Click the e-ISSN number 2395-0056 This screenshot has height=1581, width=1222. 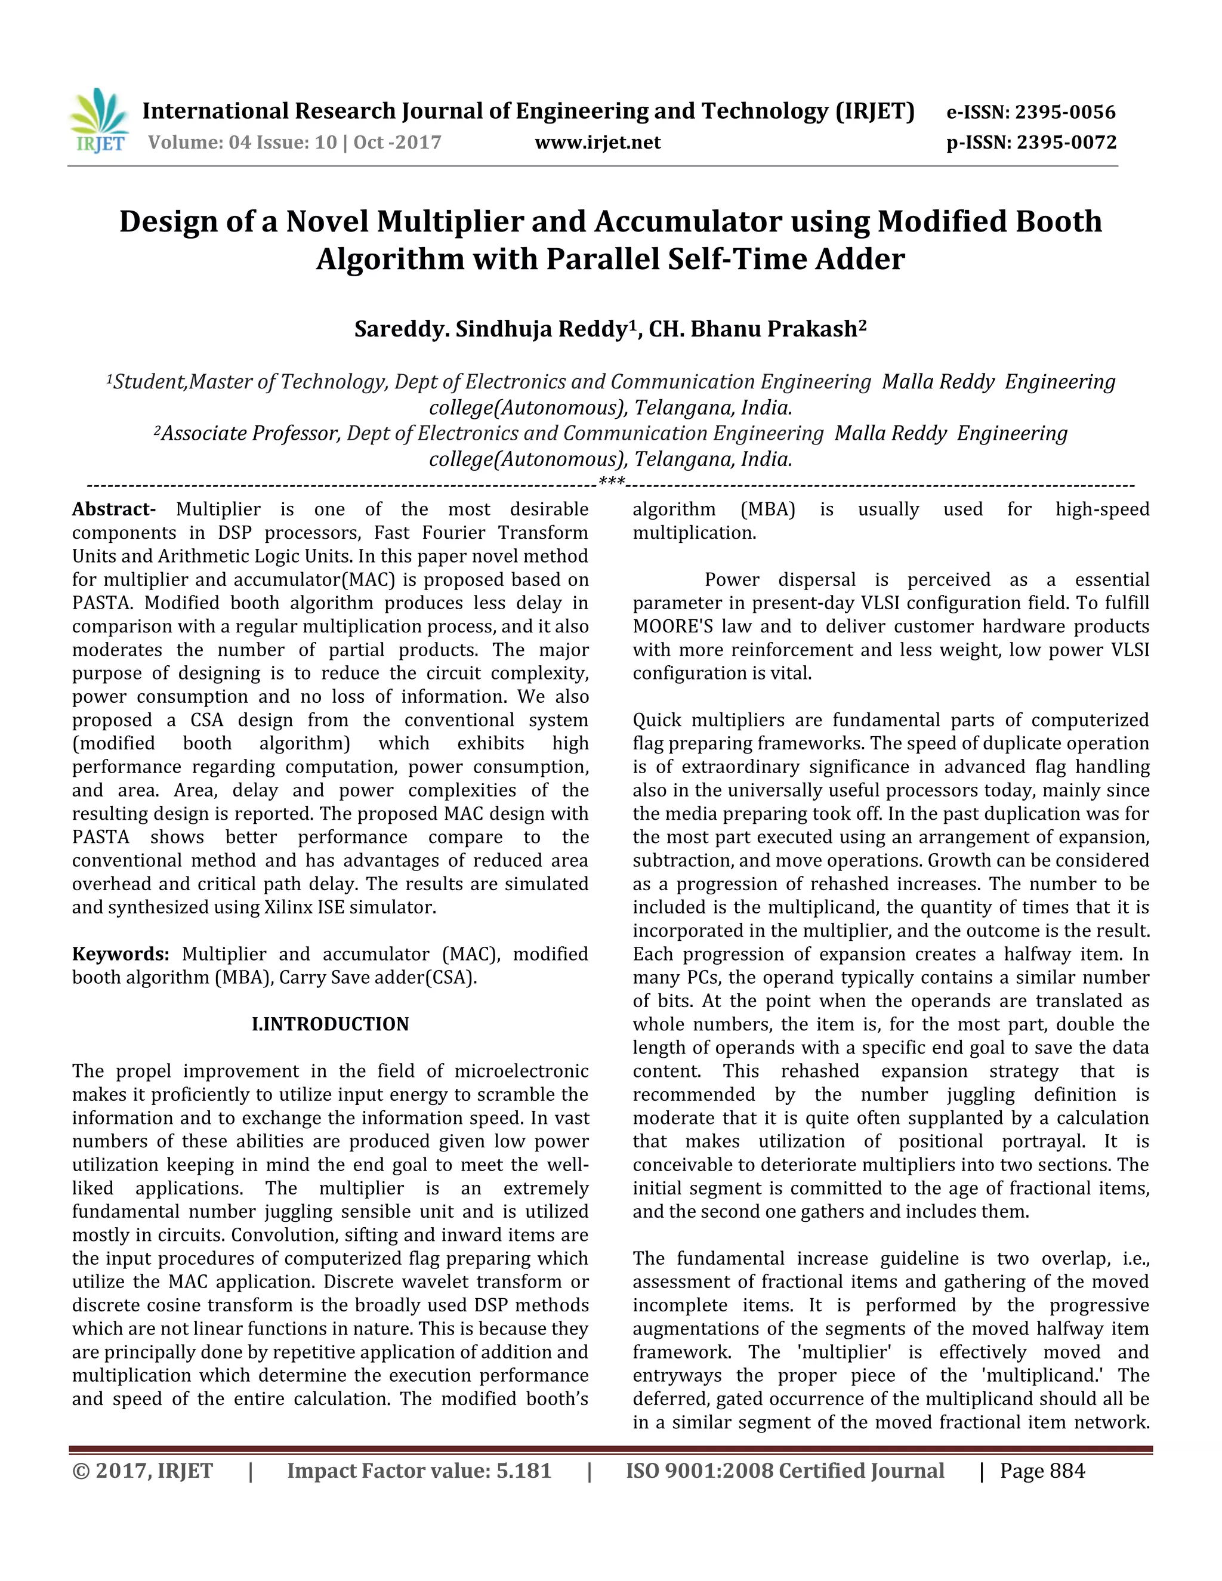[x=1064, y=112]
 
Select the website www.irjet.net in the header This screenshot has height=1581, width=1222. [x=597, y=143]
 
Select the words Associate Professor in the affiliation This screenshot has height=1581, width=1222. [x=249, y=434]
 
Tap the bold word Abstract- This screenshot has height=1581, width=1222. [x=113, y=509]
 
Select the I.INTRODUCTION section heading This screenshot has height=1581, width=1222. [x=330, y=1024]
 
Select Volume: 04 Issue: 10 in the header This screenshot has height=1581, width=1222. [x=242, y=143]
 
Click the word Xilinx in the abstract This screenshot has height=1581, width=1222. [x=283, y=908]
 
